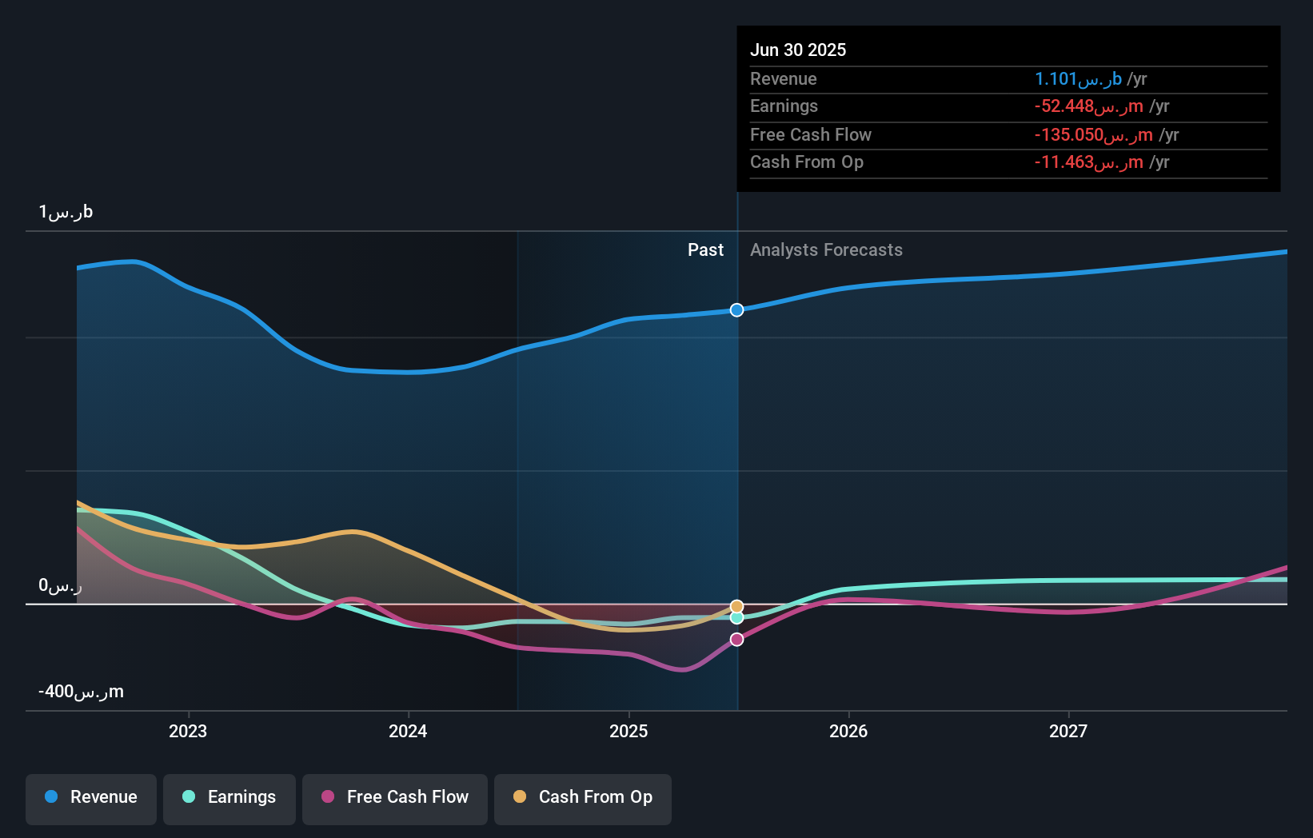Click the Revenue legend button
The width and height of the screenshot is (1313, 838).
click(91, 798)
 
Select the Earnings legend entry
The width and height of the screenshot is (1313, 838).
click(229, 798)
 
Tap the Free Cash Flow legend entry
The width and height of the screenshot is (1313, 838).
click(395, 798)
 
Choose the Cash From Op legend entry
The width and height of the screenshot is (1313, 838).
click(583, 798)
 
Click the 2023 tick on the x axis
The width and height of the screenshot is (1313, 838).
click(188, 732)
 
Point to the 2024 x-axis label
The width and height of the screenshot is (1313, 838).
click(408, 732)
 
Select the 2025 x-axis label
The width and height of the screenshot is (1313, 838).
click(629, 732)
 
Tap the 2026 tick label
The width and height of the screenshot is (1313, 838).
click(848, 732)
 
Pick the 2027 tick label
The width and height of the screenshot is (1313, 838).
click(1068, 732)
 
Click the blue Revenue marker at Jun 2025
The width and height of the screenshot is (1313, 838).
click(737, 310)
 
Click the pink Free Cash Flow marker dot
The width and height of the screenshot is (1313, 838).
click(737, 640)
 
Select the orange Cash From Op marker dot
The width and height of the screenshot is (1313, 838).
click(737, 607)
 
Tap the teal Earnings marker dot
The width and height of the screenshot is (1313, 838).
click(737, 618)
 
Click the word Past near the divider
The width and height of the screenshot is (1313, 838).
click(705, 250)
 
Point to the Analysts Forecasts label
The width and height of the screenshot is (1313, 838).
click(826, 250)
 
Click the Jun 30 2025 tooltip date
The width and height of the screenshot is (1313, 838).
click(798, 50)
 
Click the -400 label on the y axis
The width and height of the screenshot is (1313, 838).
click(81, 692)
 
